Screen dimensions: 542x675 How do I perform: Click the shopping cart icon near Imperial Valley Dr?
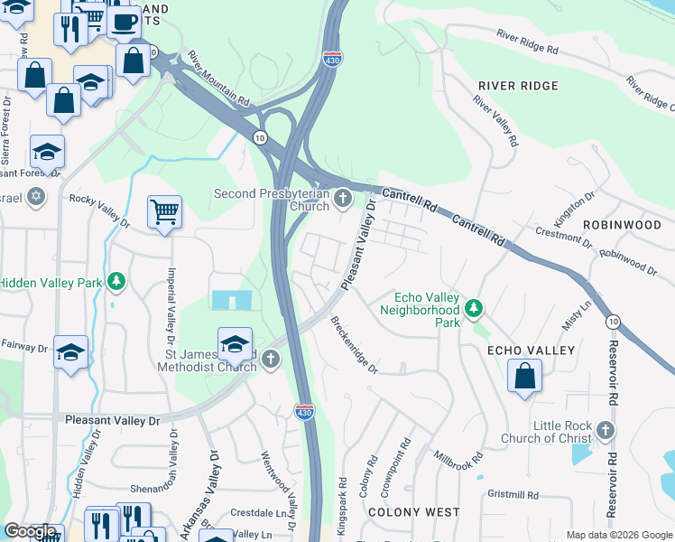click(164, 212)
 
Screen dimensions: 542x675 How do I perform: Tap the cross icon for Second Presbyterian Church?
click(342, 198)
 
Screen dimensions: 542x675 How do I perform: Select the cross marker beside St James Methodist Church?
click(270, 360)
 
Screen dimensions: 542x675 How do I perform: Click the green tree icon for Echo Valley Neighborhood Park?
click(473, 310)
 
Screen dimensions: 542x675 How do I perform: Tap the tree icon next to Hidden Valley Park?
click(116, 283)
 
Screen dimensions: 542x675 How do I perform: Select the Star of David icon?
click(36, 196)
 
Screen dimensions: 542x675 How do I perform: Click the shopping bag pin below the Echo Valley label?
click(524, 375)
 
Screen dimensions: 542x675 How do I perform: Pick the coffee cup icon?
click(125, 20)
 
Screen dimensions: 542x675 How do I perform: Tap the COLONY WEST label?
click(414, 512)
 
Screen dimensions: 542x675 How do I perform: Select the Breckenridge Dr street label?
click(353, 344)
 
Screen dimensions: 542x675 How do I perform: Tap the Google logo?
click(31, 532)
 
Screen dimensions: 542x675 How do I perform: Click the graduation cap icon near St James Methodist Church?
click(235, 342)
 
